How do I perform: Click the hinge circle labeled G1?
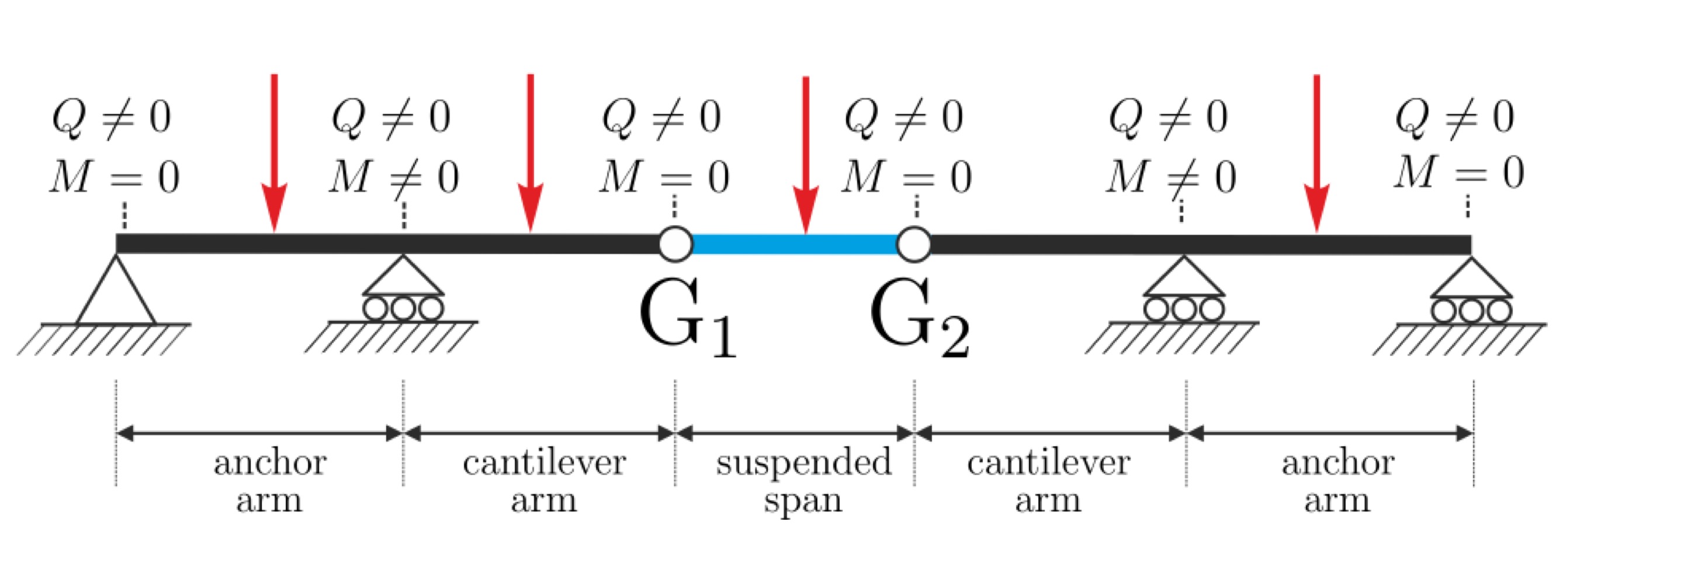(x=675, y=244)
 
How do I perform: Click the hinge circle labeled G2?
(x=914, y=244)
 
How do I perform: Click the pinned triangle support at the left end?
(x=116, y=292)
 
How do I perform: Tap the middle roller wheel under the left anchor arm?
(x=403, y=308)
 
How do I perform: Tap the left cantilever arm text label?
(x=543, y=480)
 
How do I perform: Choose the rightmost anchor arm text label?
(x=1337, y=480)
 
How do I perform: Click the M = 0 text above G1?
(x=664, y=177)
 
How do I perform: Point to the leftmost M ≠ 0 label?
(x=393, y=177)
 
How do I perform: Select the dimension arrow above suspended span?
(x=794, y=433)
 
